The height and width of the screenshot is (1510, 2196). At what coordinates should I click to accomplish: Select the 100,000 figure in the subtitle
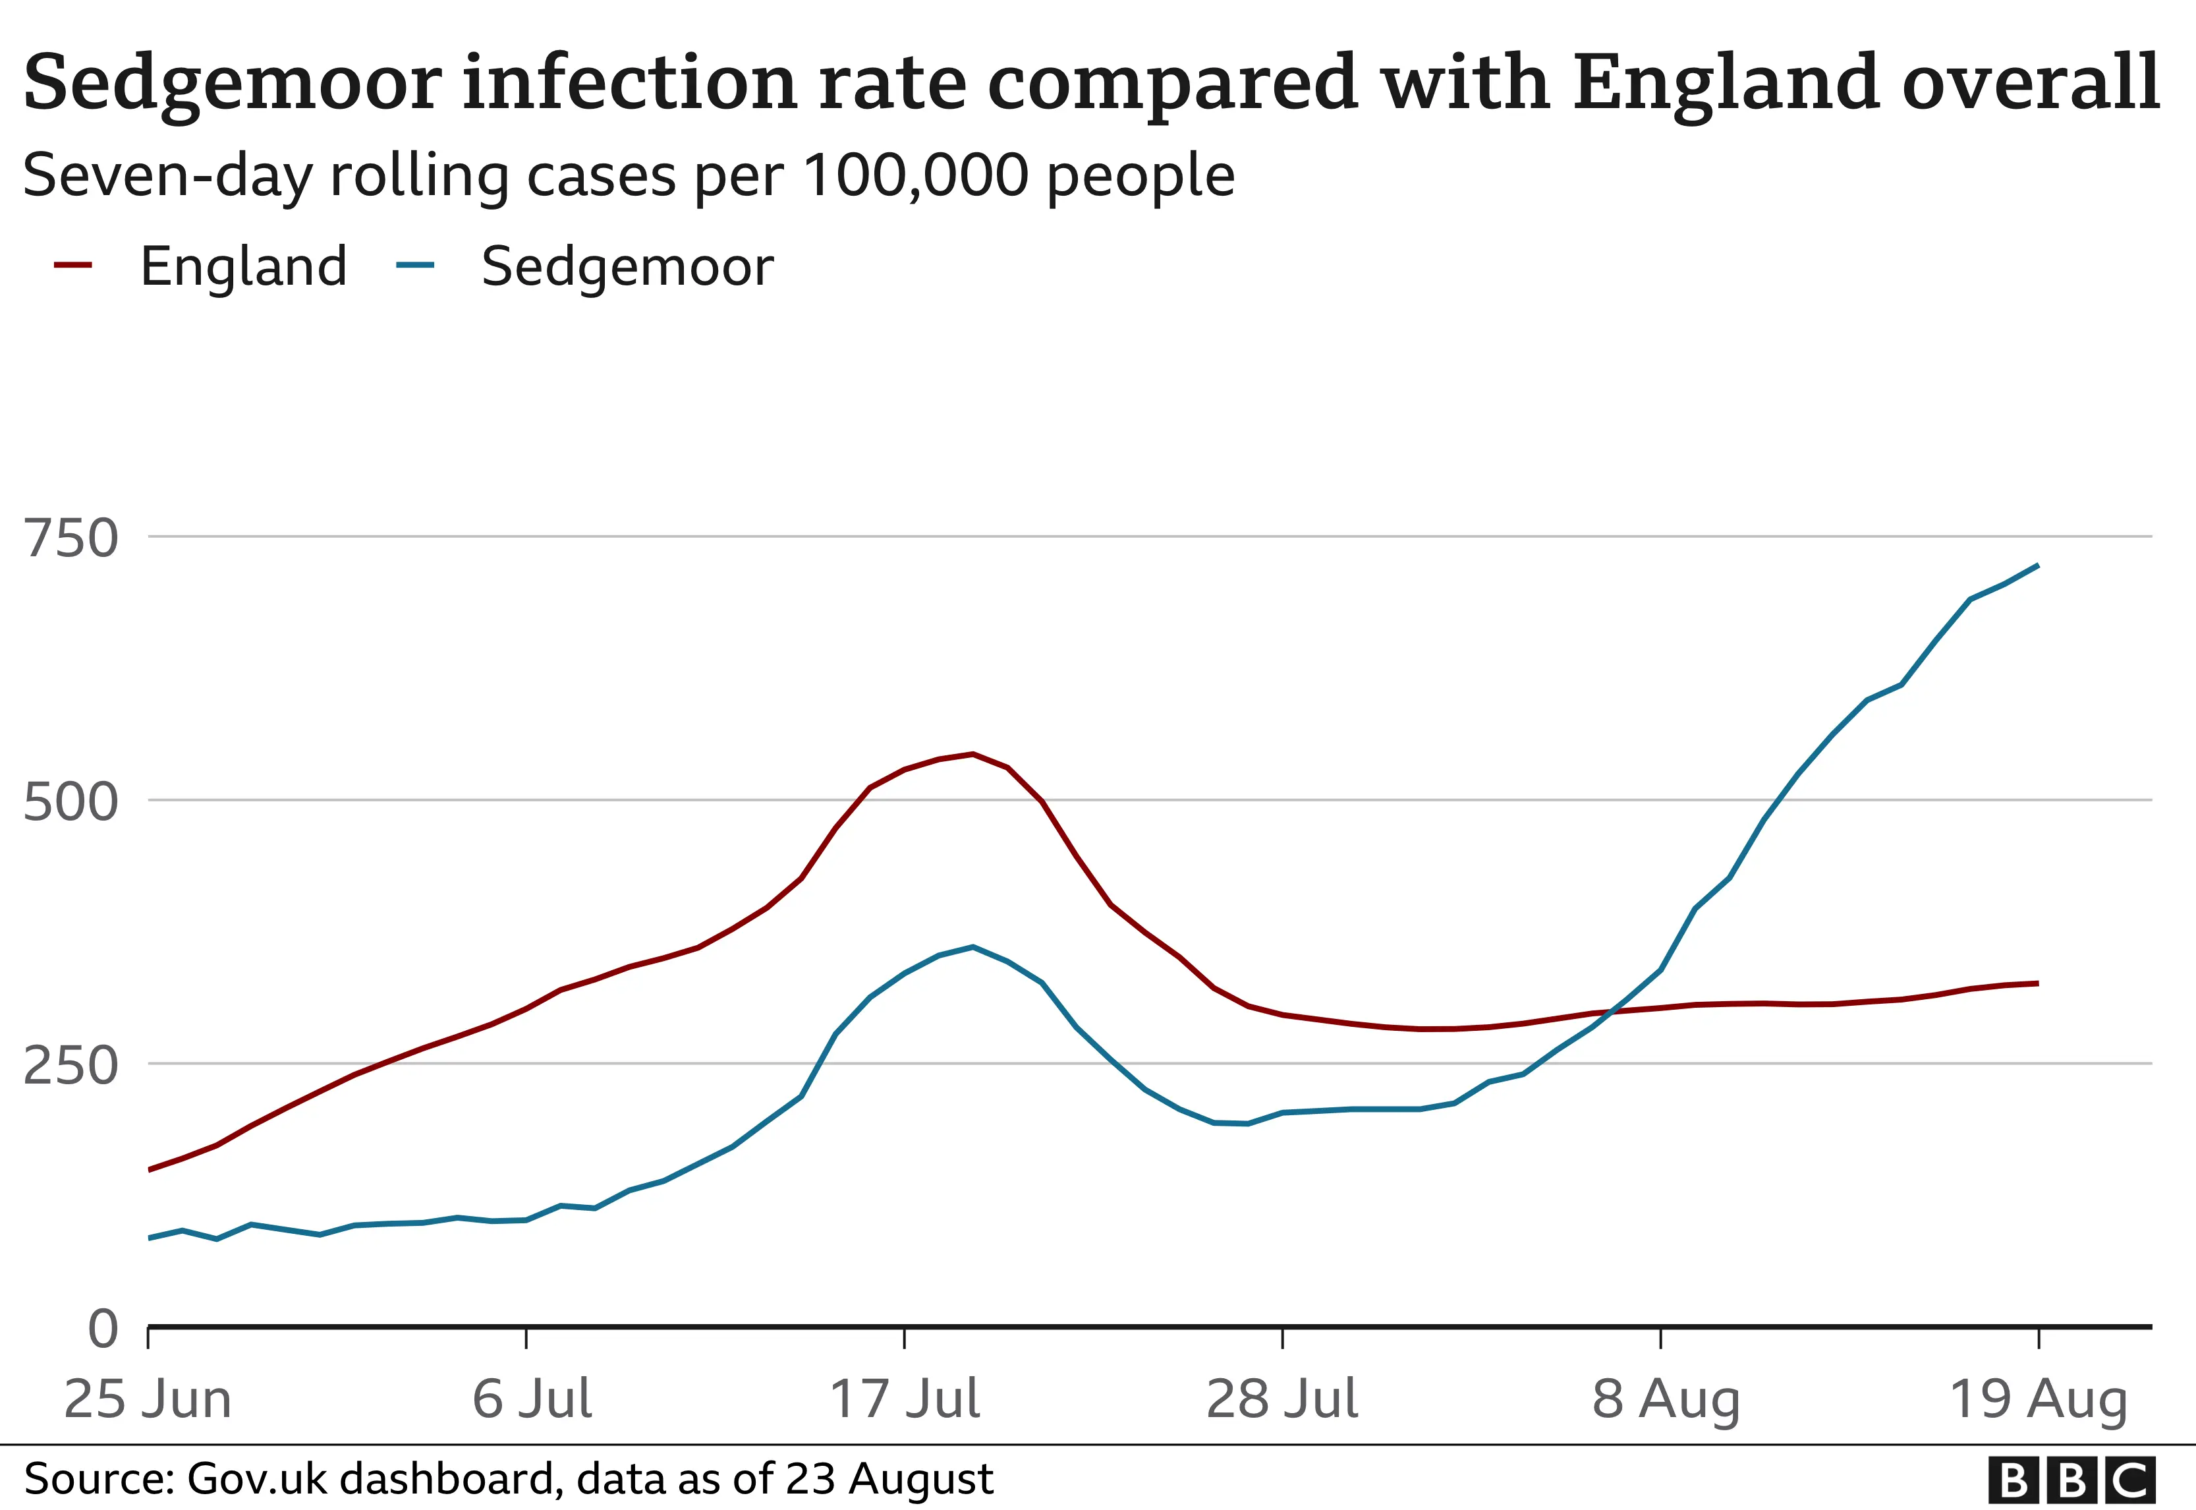(915, 176)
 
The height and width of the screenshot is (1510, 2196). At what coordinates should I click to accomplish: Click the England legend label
(244, 267)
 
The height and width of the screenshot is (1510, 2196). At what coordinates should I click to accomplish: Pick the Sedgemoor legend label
(627, 267)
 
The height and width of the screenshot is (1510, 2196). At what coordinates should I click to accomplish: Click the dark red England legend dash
(73, 266)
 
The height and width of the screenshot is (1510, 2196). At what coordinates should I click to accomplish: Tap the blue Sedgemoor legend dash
(414, 266)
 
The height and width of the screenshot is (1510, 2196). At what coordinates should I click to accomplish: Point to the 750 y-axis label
(71, 539)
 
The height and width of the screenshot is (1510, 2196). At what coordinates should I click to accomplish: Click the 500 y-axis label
(71, 803)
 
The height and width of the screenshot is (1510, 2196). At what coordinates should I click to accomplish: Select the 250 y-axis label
(71, 1066)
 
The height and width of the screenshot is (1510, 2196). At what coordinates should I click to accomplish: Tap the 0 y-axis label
(103, 1329)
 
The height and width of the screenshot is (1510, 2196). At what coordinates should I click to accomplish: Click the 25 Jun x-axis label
(148, 1399)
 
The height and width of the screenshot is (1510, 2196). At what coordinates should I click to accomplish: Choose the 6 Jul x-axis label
(532, 1399)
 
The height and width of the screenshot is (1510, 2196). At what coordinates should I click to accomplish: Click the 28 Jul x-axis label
(1282, 1399)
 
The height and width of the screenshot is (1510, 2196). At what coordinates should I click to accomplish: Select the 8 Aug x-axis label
(1666, 1399)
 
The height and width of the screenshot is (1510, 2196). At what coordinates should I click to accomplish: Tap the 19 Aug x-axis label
(2038, 1399)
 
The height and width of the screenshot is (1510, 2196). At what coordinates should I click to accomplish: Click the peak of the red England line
(972, 754)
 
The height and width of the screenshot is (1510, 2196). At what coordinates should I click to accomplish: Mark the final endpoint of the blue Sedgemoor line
(2037, 566)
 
